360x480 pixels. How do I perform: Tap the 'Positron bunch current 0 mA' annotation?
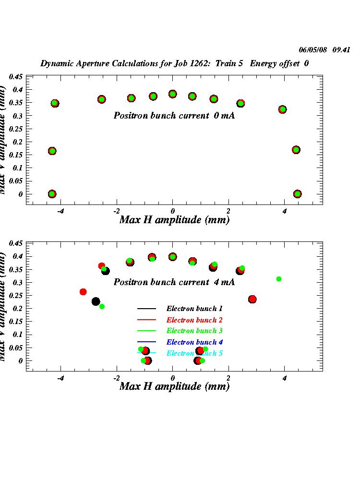[x=174, y=116]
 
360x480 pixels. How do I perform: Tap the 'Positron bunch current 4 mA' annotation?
[x=174, y=282]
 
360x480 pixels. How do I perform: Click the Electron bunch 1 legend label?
[x=194, y=309]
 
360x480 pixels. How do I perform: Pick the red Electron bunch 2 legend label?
[x=194, y=320]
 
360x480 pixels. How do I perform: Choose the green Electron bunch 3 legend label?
[x=194, y=331]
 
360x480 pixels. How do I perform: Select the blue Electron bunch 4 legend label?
[x=194, y=342]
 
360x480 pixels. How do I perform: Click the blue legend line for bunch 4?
[x=147, y=342]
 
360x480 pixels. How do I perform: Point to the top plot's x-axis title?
[x=174, y=220]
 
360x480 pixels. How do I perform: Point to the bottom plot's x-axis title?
[x=174, y=386]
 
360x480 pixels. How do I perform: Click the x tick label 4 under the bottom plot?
[x=285, y=378]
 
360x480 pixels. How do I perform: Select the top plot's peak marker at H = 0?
[x=173, y=94]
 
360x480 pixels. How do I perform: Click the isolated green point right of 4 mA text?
[x=278, y=279]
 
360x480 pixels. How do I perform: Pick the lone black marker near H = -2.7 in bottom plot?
[x=96, y=301]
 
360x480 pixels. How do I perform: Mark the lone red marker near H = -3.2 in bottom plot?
[x=83, y=292]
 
